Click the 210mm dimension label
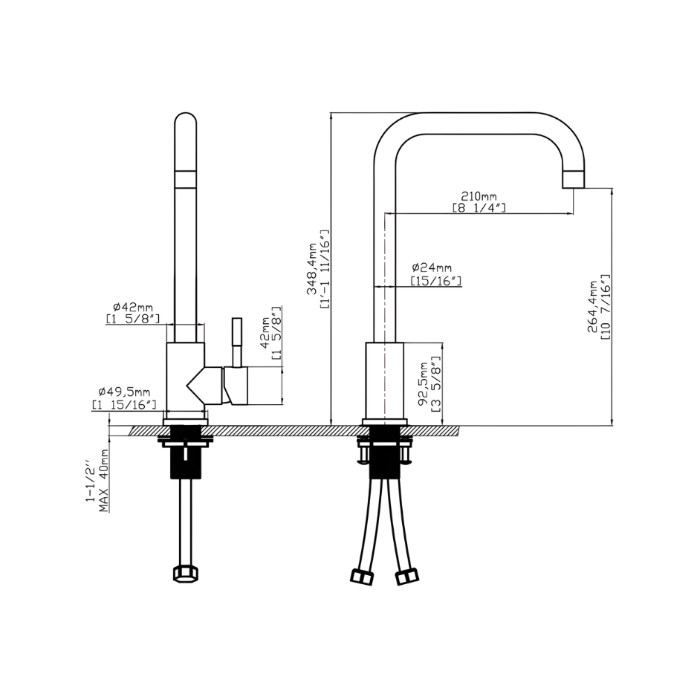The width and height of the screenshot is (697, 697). coord(479,195)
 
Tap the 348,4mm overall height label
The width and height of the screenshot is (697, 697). coord(313,270)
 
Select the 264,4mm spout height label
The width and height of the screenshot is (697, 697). coord(593,307)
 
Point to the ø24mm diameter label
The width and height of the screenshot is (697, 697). coord(432,268)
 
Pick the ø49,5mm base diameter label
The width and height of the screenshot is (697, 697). coord(124,392)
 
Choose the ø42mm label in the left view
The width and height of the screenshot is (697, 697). coord(132,307)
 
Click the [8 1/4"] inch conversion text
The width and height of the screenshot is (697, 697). coord(479,207)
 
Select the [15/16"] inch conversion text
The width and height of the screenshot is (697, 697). coord(435,281)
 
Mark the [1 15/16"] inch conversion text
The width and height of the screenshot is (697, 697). coord(124,404)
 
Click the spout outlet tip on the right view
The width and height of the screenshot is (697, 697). coord(574,179)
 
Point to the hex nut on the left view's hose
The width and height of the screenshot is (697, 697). coord(185,574)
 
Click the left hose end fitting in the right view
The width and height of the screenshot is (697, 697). coord(361,577)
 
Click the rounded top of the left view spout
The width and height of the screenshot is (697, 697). coord(185,121)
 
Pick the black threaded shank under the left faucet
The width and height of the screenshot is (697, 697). coord(185,452)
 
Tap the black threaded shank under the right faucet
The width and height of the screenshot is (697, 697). coord(384,452)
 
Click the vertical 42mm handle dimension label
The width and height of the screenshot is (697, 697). coord(265,332)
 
